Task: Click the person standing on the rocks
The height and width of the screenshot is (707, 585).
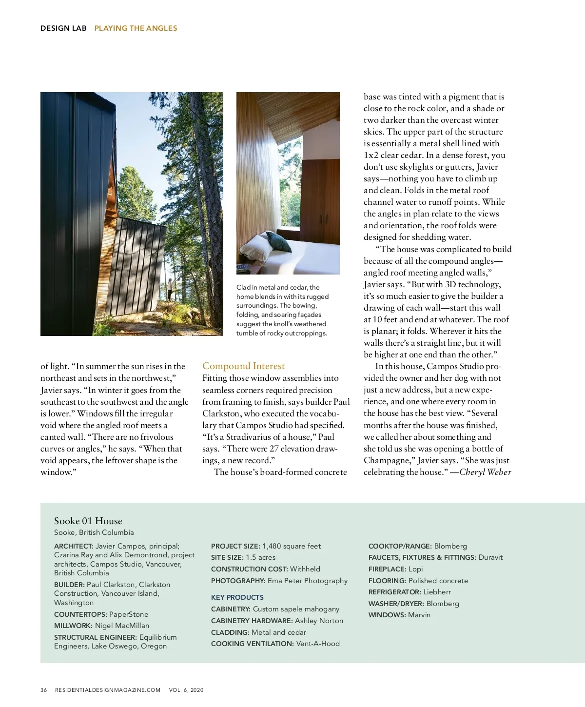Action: [169, 290]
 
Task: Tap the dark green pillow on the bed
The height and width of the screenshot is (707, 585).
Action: [279, 241]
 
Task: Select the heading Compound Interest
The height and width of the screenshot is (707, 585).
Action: [243, 366]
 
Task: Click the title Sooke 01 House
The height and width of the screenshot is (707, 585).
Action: [88, 521]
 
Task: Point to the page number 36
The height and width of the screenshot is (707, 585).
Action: [44, 690]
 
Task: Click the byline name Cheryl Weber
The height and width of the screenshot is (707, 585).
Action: [486, 472]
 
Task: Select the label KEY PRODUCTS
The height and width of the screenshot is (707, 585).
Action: [237, 597]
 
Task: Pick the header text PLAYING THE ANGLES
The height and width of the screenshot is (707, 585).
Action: [136, 28]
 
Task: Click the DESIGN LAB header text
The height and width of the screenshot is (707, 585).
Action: [63, 28]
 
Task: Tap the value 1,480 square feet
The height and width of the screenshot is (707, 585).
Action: [292, 546]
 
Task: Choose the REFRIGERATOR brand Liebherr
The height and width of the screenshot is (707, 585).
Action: [437, 592]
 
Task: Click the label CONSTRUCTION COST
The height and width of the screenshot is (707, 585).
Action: [249, 569]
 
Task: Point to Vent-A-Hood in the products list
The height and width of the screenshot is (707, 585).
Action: [318, 644]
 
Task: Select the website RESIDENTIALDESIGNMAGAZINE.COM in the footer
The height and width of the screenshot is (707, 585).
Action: [108, 690]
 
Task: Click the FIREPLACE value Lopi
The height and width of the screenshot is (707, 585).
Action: [416, 569]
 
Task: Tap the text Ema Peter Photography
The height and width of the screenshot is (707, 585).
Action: [308, 581]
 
